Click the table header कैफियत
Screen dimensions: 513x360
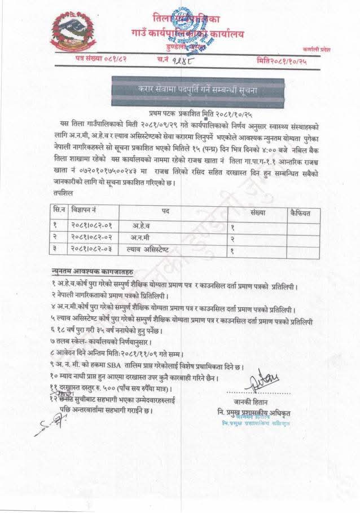tap(305, 213)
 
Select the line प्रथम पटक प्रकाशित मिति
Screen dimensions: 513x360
tap(194, 113)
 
